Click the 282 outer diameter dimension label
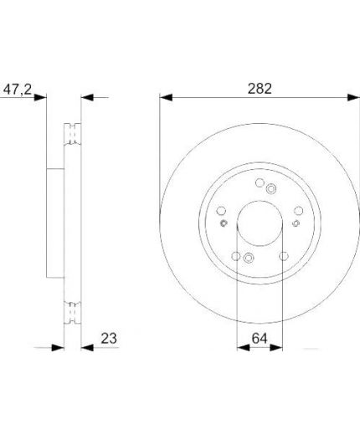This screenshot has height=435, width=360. click(x=260, y=89)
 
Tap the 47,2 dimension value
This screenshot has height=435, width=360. click(x=18, y=90)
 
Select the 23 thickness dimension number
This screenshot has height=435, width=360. click(x=109, y=338)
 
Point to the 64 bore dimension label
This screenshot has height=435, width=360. click(x=260, y=338)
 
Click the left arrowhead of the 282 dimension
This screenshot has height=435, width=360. click(x=166, y=98)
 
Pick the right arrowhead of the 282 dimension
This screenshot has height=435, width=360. click(x=353, y=98)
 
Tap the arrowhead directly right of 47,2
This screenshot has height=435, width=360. click(x=40, y=98)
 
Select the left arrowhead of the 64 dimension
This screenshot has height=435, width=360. click(x=243, y=348)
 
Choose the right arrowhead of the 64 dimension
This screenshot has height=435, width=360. click(x=276, y=348)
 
